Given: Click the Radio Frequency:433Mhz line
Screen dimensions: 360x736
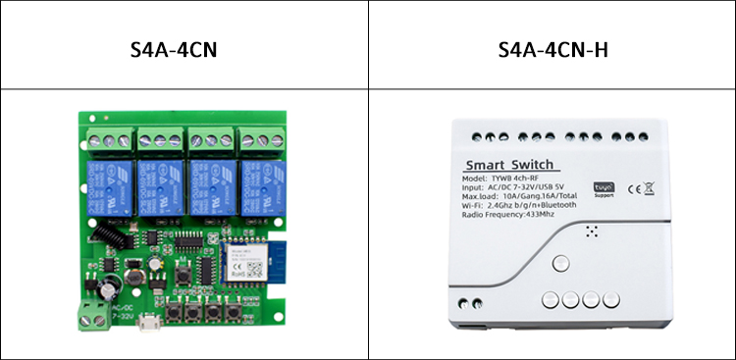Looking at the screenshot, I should [511, 214].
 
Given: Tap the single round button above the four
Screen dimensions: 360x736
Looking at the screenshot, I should [561, 263].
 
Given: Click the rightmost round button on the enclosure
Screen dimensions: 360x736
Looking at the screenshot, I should [610, 301].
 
